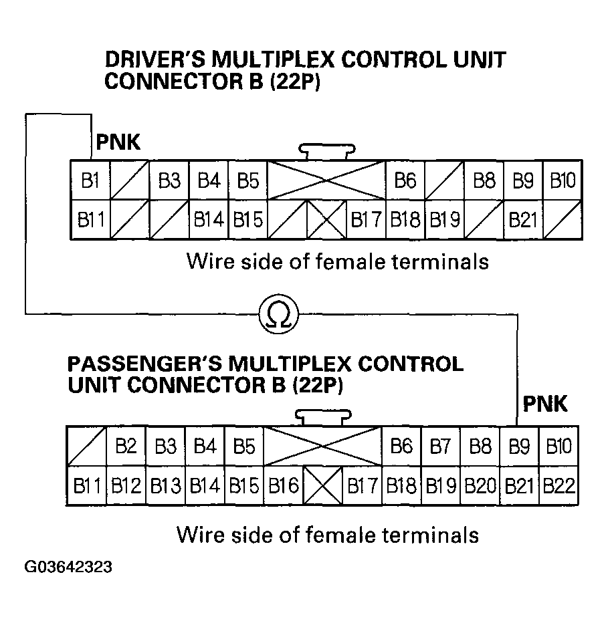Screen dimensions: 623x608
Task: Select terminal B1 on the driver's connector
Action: coord(90,180)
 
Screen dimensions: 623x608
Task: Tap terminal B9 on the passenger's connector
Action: coord(519,446)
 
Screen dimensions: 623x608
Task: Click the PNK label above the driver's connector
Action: coord(118,142)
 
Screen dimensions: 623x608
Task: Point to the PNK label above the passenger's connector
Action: coord(544,404)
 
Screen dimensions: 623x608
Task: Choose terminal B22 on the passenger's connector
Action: coord(558,485)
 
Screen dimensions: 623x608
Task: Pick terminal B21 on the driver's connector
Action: coord(522,219)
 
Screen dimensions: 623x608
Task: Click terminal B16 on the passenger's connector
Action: coord(283,485)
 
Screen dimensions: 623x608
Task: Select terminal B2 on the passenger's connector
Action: coord(126,446)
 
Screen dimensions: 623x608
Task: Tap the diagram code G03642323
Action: coord(68,568)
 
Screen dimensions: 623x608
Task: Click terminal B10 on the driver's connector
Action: coord(562,180)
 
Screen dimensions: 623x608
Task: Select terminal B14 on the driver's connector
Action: coord(209,219)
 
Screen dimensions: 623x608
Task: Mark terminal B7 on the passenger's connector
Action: coord(440,446)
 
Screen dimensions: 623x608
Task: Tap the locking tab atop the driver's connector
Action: coord(325,152)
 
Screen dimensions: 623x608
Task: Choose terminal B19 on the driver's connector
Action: coord(443,219)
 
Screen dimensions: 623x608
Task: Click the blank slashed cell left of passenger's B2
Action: coord(86,446)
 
